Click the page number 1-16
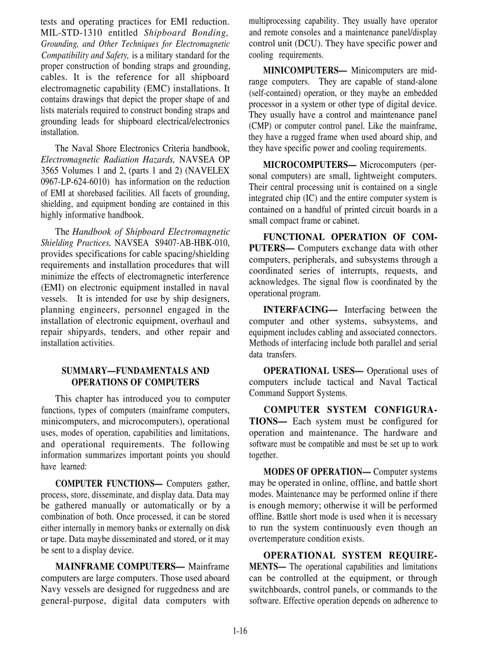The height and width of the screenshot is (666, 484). coord(240,631)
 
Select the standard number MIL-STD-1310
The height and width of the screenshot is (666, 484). coord(72,33)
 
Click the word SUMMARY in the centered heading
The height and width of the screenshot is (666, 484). coord(85,371)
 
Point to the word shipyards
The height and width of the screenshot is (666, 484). coord(85,332)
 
